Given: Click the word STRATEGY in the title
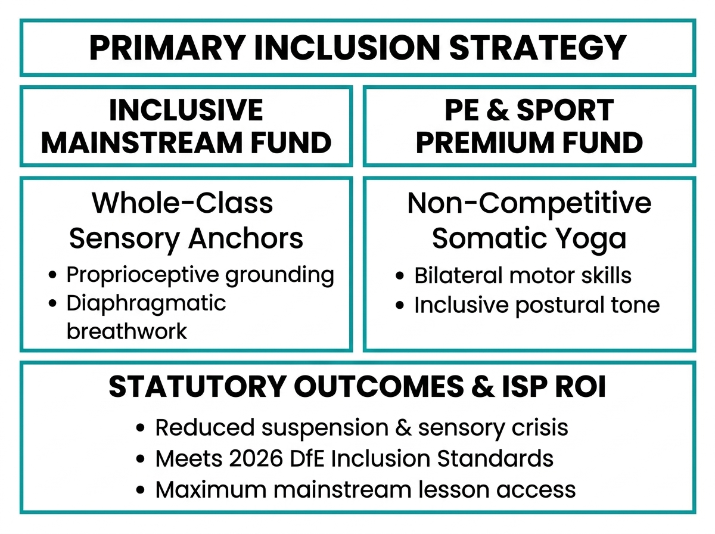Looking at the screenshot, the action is (538, 48).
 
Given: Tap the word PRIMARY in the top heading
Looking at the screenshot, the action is (167, 48).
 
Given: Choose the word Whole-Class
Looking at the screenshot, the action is (182, 203).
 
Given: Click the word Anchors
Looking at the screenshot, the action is (245, 238).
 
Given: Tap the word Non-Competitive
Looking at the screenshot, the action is (529, 203).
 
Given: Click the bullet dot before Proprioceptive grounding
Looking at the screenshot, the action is (52, 275).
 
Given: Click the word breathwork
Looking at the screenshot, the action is (127, 331).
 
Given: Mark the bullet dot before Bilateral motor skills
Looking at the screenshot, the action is (400, 275).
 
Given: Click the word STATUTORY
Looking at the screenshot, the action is (198, 387).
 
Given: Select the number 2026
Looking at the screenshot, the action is (256, 459).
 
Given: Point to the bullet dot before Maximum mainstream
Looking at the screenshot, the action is (140, 490).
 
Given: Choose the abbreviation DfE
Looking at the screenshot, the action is (307, 459).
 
